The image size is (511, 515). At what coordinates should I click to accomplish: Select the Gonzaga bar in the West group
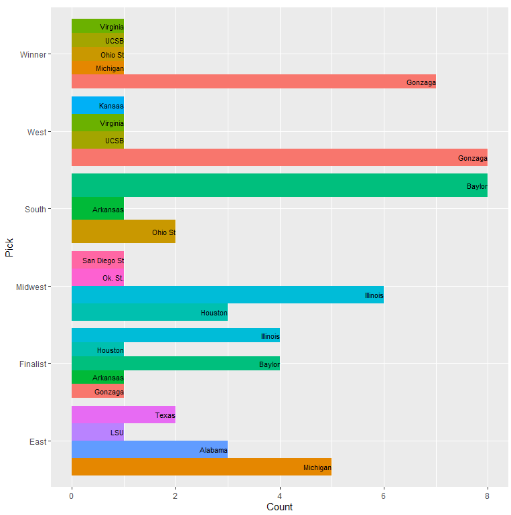(x=279, y=157)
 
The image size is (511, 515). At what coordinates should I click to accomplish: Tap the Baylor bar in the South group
(x=279, y=186)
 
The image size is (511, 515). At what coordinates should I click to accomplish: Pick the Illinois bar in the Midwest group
(x=227, y=295)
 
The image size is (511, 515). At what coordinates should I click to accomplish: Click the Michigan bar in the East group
(x=201, y=467)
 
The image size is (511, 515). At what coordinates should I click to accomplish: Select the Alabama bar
(x=149, y=449)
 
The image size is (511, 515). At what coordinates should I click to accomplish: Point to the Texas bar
(x=123, y=415)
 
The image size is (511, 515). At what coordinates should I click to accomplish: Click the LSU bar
(x=97, y=432)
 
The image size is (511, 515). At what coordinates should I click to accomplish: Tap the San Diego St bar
(x=97, y=260)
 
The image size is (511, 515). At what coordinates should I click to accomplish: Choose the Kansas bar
(x=97, y=106)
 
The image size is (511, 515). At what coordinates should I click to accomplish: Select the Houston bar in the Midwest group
(x=149, y=312)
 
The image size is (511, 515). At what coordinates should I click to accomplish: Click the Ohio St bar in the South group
(x=123, y=232)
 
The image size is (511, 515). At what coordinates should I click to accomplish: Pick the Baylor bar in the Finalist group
(x=175, y=364)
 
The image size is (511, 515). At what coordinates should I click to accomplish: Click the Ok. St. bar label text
(x=113, y=277)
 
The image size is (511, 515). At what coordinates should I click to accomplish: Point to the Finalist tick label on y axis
(x=33, y=364)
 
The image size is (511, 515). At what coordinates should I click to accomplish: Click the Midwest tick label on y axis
(x=31, y=287)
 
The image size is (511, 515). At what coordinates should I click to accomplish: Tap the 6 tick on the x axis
(x=384, y=496)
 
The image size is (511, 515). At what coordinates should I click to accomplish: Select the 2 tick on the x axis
(x=175, y=496)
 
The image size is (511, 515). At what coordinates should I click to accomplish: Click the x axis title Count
(x=279, y=507)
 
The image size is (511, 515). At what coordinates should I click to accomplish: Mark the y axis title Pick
(x=9, y=248)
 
